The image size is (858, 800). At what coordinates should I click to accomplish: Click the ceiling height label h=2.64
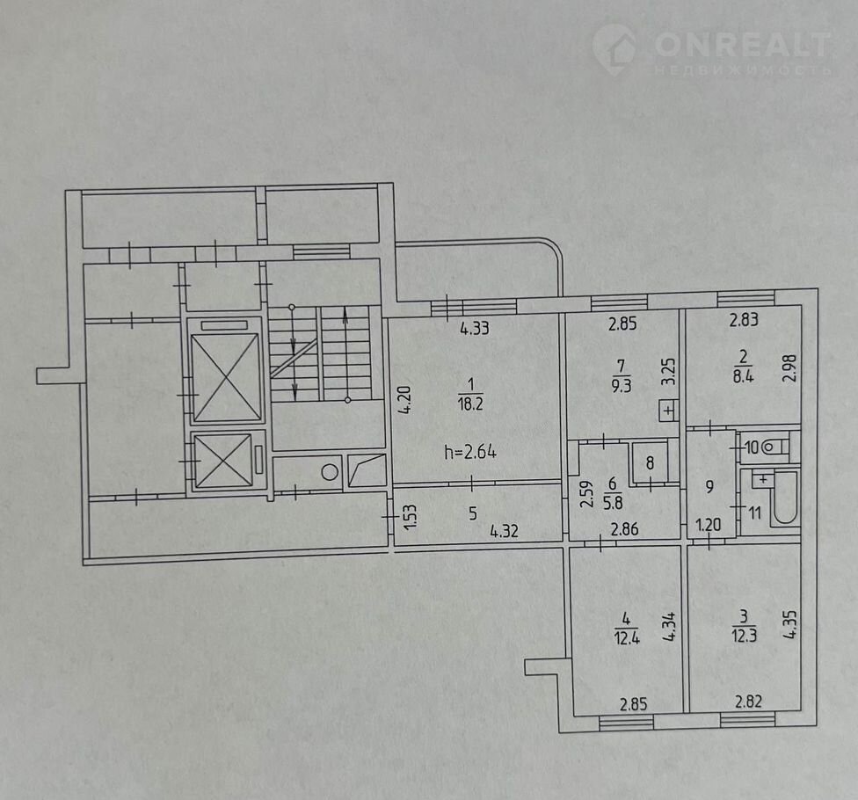tap(470, 452)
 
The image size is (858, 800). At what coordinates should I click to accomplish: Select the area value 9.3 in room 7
tap(621, 386)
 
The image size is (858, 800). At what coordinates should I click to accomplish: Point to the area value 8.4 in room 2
tap(743, 376)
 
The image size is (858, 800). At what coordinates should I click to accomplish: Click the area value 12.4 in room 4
tap(627, 638)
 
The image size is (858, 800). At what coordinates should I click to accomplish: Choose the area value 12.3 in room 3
tap(745, 636)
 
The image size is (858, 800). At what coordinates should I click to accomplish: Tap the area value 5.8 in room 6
tap(613, 502)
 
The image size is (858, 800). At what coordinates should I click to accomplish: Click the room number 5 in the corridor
tap(473, 513)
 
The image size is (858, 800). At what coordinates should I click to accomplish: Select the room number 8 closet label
tap(650, 463)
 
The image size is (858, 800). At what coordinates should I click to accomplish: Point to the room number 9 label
tap(709, 486)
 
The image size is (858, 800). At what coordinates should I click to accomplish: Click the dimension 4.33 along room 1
tap(475, 329)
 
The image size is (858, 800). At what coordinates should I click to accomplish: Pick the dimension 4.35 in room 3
tap(790, 625)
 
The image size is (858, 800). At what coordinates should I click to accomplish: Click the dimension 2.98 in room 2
tap(789, 368)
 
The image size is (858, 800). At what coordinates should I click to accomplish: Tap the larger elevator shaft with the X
tap(225, 377)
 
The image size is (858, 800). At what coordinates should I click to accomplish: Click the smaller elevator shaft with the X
tap(223, 461)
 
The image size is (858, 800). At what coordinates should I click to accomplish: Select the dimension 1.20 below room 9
tap(708, 526)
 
